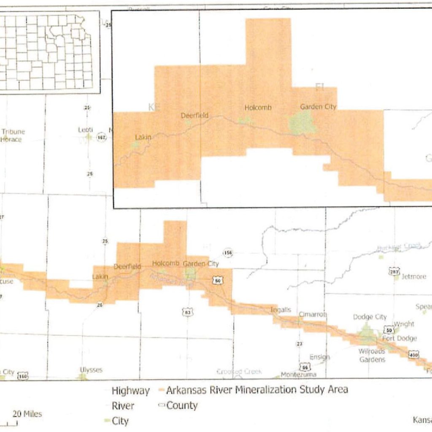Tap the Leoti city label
coord(85,130)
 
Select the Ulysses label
coord(91,370)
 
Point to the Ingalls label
coord(281,310)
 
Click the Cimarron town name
coord(313,315)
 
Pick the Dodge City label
coord(369,317)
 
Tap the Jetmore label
coord(413,277)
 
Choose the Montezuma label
coord(298,375)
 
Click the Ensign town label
coord(319,357)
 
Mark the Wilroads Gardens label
coord(372,355)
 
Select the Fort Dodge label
coord(400,338)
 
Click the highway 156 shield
coord(228,253)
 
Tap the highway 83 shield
coord(188,312)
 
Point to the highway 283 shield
coord(394,272)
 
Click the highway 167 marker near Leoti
coord(101,138)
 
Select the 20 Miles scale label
coord(27,414)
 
